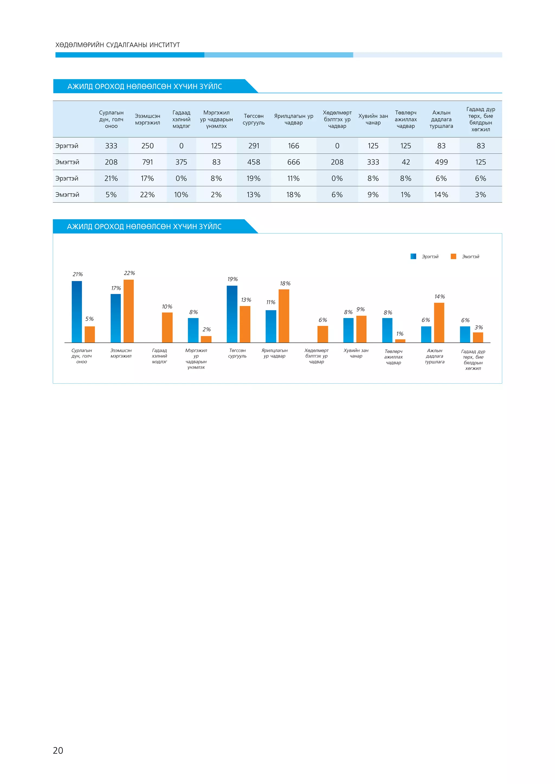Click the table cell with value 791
(147, 162)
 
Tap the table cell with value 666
(293, 162)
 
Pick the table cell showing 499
(441, 162)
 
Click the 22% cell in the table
(147, 195)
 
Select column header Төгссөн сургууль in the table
(254, 119)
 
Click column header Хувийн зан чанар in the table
(373, 119)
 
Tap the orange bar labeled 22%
(128, 311)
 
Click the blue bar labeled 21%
(77, 311)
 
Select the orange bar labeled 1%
(400, 341)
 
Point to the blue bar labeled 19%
(232, 314)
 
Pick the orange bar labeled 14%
(439, 322)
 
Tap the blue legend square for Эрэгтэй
(413, 256)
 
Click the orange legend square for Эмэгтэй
(453, 256)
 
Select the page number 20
(58, 750)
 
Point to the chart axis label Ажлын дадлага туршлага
(435, 356)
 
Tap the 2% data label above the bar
(206, 329)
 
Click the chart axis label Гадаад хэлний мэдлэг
(160, 356)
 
